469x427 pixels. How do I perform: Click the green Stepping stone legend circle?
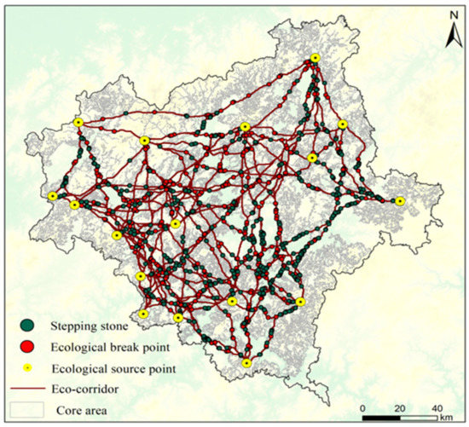pyautogui.click(x=29, y=324)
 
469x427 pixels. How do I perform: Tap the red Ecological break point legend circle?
pyautogui.click(x=29, y=346)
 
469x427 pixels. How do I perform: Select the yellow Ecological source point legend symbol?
pyautogui.click(x=29, y=368)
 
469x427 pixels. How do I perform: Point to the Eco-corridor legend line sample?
pyautogui.click(x=29, y=389)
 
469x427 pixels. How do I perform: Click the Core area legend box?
pyautogui.click(x=29, y=410)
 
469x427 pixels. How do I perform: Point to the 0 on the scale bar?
pyautogui.click(x=364, y=407)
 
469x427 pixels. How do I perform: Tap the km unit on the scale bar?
pyautogui.click(x=448, y=417)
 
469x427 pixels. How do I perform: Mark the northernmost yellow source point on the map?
pyautogui.click(x=315, y=58)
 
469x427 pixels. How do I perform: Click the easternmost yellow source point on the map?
pyautogui.click(x=400, y=201)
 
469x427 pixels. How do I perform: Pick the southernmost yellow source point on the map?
pyautogui.click(x=246, y=364)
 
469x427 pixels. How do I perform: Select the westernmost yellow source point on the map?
pyautogui.click(x=53, y=197)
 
